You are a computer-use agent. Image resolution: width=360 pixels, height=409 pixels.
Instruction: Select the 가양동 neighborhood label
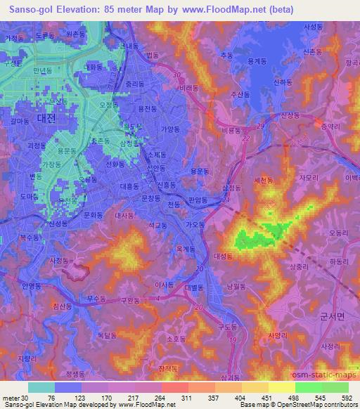pos(170,129)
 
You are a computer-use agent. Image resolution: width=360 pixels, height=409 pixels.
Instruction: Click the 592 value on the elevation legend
pos(346,398)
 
